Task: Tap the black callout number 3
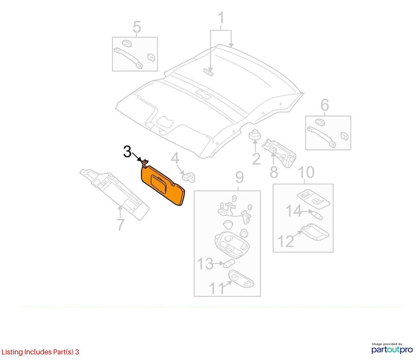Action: coord(127,152)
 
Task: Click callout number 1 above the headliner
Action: coord(221,18)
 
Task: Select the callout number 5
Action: coord(137,27)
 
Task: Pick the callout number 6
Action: coord(325,105)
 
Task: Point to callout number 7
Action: coord(120,225)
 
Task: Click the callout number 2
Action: coord(256,159)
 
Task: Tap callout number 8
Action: coord(274,172)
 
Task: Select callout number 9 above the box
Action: coord(239,177)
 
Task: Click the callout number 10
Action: coord(306,172)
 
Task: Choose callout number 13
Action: coord(205,263)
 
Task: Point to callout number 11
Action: coord(217,288)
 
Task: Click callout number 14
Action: coord(294,211)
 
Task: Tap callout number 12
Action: coord(286,241)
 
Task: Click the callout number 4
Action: coord(175,158)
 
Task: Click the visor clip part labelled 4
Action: coord(189,177)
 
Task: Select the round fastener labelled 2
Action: coord(254,135)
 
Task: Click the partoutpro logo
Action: coord(392,348)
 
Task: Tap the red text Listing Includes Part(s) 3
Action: coord(40,352)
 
